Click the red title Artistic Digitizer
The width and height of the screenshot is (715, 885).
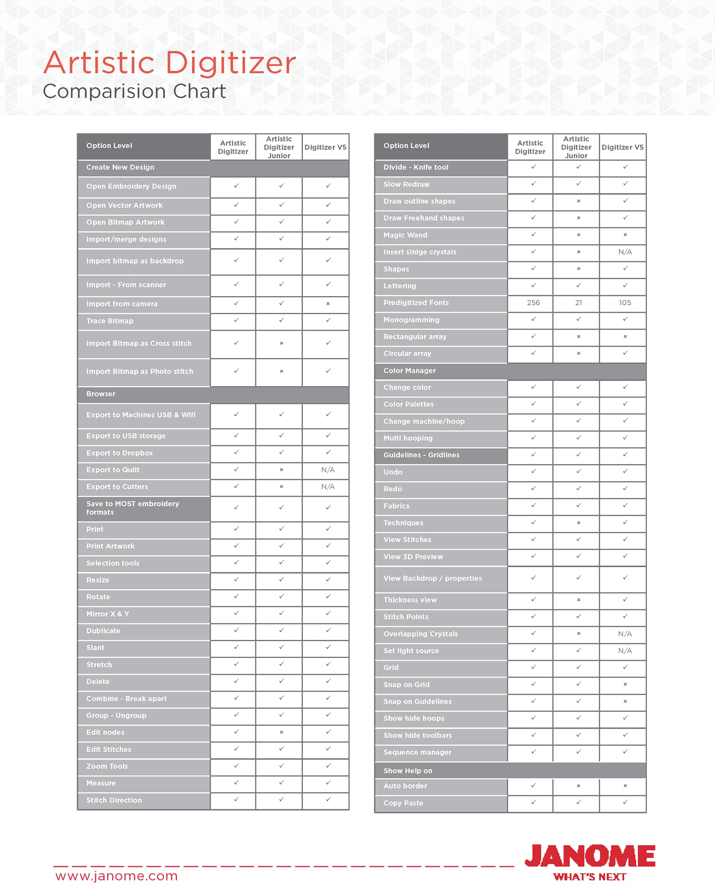(x=169, y=63)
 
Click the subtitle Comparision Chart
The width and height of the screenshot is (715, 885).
(x=134, y=92)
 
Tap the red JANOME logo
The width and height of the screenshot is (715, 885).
(x=590, y=856)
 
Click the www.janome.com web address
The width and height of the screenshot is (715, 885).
(x=116, y=876)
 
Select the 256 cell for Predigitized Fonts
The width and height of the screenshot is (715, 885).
(x=533, y=303)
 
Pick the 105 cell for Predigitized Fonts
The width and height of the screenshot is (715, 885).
(x=625, y=303)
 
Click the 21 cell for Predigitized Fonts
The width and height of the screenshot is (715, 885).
(x=578, y=303)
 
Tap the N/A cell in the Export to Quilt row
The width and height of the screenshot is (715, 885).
(x=328, y=470)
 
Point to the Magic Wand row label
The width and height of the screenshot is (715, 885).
(x=405, y=235)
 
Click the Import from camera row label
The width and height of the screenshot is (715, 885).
(x=122, y=304)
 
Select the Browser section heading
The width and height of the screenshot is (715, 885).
(x=101, y=394)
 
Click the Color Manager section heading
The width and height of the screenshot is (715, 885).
(x=409, y=370)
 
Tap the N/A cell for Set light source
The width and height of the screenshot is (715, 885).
(x=625, y=650)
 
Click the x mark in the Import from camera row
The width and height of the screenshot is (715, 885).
(x=328, y=304)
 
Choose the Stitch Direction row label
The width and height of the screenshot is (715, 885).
(x=114, y=800)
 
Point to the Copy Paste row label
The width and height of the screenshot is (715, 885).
(x=403, y=803)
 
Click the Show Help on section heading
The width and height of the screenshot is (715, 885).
(x=407, y=770)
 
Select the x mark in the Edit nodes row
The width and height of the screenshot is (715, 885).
(x=281, y=732)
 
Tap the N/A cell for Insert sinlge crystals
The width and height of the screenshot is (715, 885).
(x=625, y=252)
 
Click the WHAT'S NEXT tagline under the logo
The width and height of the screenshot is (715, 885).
(x=590, y=877)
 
